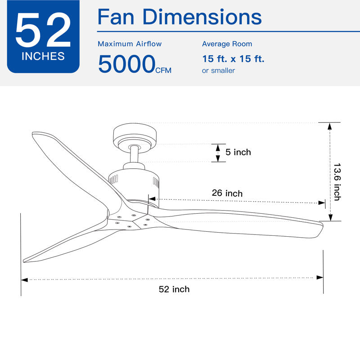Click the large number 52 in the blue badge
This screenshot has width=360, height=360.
[x=43, y=31]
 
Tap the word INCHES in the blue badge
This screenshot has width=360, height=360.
[x=43, y=57]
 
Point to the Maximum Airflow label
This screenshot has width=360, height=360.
[x=130, y=44]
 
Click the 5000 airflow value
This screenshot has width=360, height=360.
[x=126, y=64]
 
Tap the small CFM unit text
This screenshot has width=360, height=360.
[x=163, y=70]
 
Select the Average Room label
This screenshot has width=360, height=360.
[x=227, y=44]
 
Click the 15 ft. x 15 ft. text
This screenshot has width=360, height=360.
[x=233, y=58]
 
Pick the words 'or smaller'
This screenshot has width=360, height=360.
[x=218, y=71]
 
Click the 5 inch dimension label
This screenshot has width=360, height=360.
[x=238, y=152]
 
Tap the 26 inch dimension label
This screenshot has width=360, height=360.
[x=227, y=193]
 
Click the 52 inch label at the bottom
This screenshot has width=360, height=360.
[x=174, y=289]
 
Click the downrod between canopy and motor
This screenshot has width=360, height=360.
[x=134, y=155]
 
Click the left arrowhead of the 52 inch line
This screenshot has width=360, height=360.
[x=24, y=279]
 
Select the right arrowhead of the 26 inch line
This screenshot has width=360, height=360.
[x=322, y=203]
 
